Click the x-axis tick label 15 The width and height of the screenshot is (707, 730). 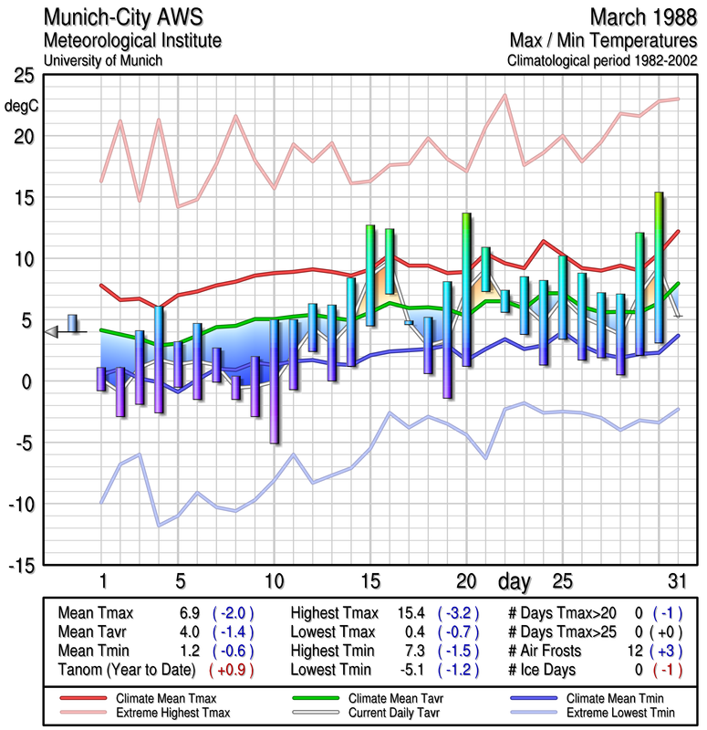click(x=369, y=580)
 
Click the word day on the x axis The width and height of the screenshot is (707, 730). click(x=517, y=580)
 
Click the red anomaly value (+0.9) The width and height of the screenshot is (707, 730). click(x=231, y=669)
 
